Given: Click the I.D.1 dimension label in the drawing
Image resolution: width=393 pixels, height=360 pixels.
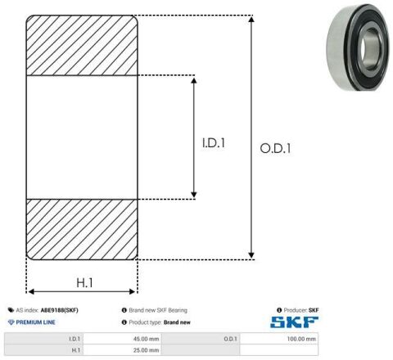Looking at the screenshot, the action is [214, 143].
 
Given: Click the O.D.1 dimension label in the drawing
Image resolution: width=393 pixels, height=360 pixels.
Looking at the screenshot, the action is [275, 148].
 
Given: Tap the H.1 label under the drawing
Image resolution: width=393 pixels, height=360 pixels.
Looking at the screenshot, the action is [84, 282].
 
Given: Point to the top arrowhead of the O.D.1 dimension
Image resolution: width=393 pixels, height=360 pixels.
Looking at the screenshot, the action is [251, 19].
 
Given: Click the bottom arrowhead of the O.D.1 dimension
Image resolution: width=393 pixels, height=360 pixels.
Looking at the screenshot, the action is [251, 255].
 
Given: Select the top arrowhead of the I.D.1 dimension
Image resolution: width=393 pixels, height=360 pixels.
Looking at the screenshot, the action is [194, 80].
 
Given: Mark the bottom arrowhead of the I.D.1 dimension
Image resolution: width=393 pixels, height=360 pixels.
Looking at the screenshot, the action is [194, 195].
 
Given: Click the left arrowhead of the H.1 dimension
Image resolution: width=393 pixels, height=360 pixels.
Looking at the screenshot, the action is [31, 292].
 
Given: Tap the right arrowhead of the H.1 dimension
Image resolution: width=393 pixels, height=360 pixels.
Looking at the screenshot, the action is [132, 292].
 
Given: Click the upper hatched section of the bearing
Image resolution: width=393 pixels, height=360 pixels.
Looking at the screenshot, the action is [82, 45].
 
